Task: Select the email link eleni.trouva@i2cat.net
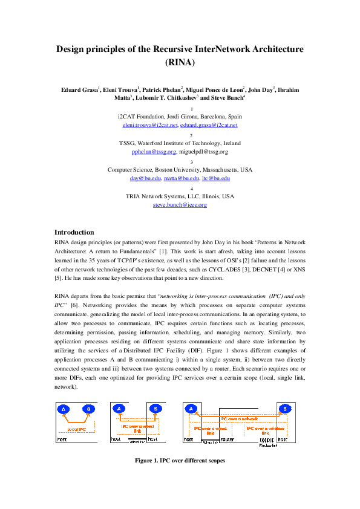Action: pos(149,125)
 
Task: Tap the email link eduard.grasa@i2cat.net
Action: pos(209,125)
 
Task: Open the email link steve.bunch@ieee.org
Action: pos(180,205)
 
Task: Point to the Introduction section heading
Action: pos(74,232)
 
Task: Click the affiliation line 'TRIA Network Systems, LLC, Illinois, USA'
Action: pos(180,196)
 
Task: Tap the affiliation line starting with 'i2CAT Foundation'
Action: pos(180,116)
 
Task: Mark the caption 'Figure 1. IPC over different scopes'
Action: pos(180,460)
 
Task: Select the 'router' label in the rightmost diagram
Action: pos(227,440)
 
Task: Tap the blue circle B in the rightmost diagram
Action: pos(283,409)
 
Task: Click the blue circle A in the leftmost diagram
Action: pos(63,409)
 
